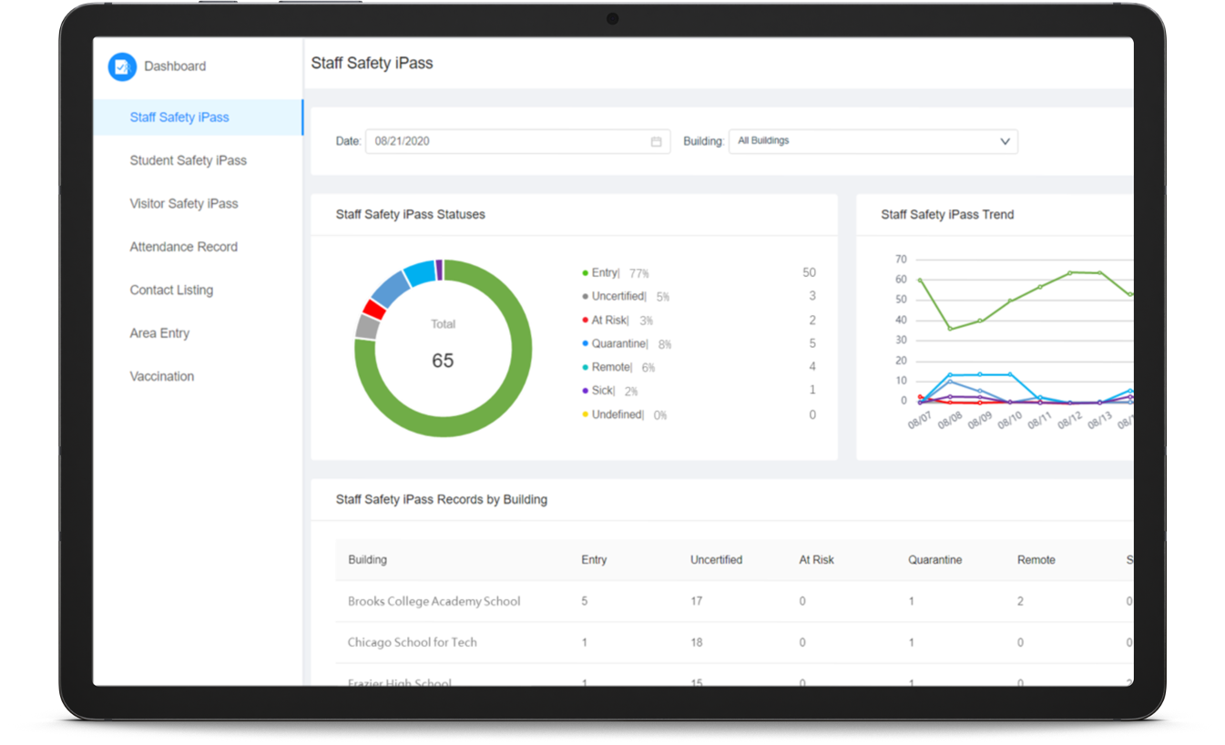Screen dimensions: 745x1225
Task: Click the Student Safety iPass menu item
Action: point(188,160)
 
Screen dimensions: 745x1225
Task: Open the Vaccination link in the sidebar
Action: point(161,376)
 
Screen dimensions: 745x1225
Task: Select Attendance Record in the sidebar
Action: point(183,247)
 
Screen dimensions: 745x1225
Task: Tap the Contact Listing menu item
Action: point(171,290)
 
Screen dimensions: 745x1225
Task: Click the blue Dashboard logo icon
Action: point(122,66)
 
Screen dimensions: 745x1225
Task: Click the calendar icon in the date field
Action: point(656,142)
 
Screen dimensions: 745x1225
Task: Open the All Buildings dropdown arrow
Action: point(1005,141)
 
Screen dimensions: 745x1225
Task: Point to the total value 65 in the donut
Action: point(443,361)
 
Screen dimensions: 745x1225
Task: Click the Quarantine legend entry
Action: point(618,343)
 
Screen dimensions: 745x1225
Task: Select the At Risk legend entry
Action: point(609,320)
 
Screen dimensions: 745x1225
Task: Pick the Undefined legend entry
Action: point(617,414)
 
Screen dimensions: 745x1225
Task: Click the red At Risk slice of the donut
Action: point(373,309)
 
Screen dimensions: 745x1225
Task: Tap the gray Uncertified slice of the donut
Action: point(367,326)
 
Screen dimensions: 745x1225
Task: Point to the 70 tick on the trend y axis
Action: point(901,260)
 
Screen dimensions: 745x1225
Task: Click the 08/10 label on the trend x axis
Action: point(1010,420)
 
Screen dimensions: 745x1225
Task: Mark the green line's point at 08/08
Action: point(950,329)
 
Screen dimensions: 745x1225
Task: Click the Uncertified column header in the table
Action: point(716,560)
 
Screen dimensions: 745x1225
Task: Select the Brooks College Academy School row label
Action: point(434,601)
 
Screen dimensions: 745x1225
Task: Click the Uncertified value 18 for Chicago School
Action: point(696,642)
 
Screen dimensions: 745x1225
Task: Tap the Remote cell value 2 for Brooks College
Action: point(1020,601)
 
